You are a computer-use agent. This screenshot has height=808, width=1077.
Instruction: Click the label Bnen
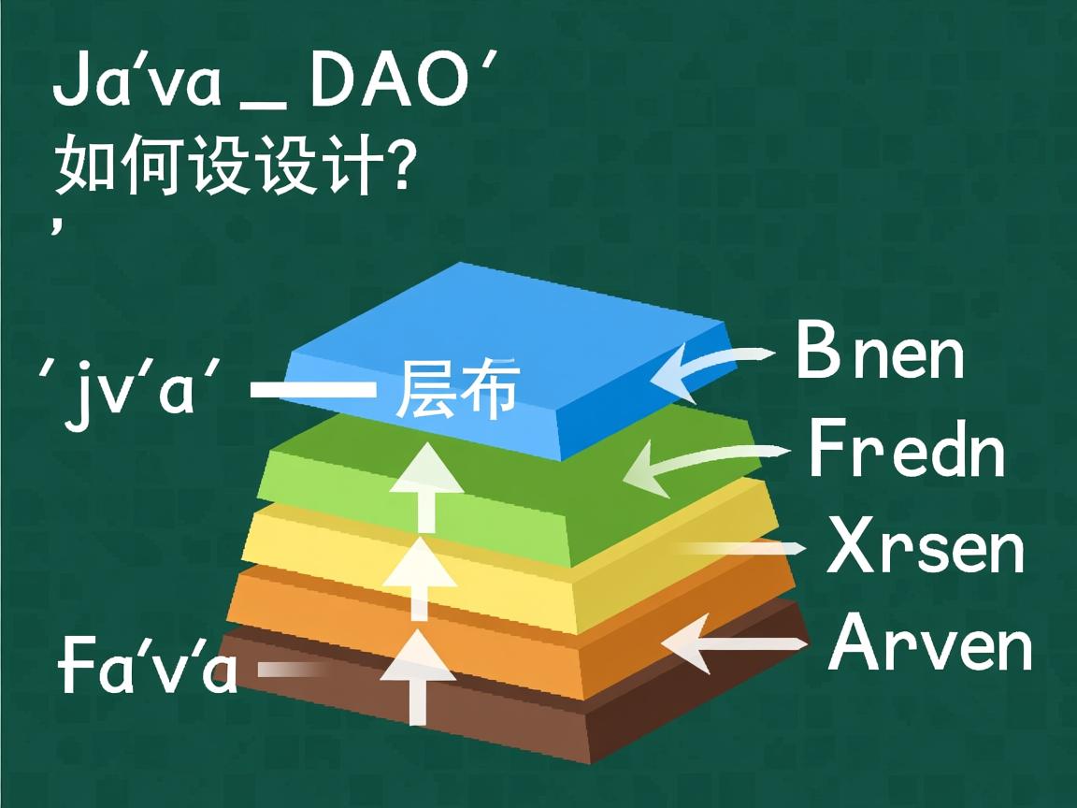tap(880, 352)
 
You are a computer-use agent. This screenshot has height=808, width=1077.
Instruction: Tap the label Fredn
tap(906, 450)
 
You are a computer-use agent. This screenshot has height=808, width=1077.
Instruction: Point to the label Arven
tap(931, 643)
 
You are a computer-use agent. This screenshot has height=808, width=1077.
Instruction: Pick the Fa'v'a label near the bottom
tap(148, 666)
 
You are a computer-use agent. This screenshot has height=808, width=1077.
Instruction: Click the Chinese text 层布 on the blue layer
tap(457, 389)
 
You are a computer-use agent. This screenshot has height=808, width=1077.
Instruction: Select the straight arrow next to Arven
tap(734, 643)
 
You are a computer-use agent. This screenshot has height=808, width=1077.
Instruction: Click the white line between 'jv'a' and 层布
tap(313, 389)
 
